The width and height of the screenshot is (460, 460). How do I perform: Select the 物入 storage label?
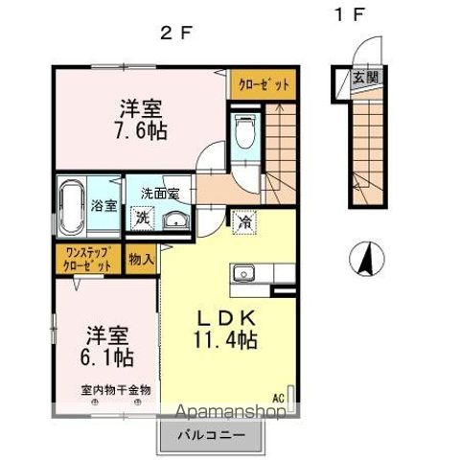point(141,259)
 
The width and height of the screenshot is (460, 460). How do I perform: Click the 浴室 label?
point(104,205)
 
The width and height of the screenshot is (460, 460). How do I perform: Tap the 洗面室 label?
point(160,194)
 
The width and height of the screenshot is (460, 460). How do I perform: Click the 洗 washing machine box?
point(141,218)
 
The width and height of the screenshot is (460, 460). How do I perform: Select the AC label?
point(279,397)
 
